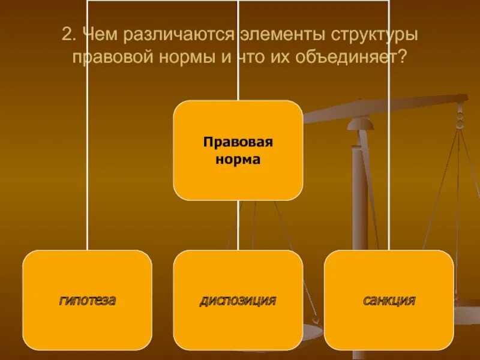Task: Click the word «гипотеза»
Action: [88, 301]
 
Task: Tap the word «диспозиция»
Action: [238, 301]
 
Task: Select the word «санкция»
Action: [389, 301]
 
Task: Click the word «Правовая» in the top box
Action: [238, 142]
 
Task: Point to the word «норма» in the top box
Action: [238, 160]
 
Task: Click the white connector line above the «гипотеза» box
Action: [88, 180]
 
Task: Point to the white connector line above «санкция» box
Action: [389, 180]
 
